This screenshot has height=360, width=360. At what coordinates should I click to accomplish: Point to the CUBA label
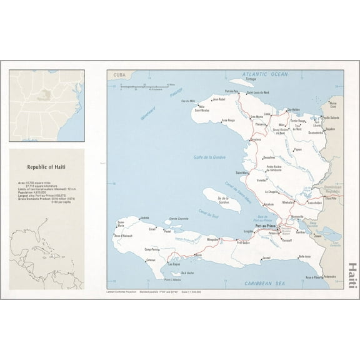[118, 74]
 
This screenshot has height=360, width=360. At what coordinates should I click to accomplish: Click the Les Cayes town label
[176, 264]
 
